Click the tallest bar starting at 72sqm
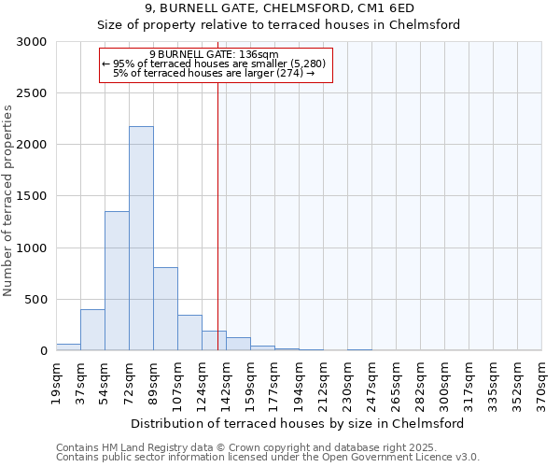(141, 238)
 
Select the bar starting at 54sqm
(117, 280)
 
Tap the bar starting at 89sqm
(165, 308)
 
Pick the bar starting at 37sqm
(92, 330)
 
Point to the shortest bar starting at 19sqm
(68, 347)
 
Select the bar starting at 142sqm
(238, 344)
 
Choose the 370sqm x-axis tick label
(541, 380)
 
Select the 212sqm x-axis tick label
(323, 380)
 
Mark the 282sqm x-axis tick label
(420, 380)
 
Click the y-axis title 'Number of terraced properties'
(8, 200)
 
